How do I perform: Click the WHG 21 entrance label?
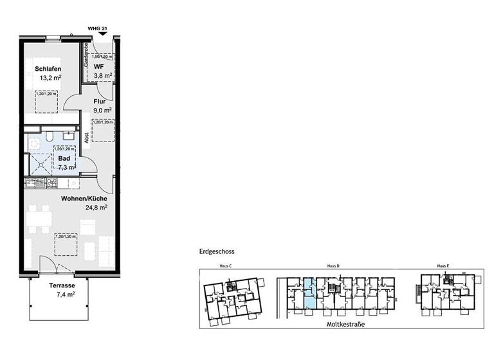(x=98, y=28)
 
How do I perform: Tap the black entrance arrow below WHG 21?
(x=98, y=36)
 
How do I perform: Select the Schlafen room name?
(x=48, y=68)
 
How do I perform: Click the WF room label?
(x=98, y=66)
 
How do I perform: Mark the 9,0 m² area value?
(x=102, y=110)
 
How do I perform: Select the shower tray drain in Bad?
(x=41, y=163)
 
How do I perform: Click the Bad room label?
(x=64, y=157)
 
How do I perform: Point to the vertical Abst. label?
(x=86, y=138)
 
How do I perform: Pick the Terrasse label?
(x=62, y=285)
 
